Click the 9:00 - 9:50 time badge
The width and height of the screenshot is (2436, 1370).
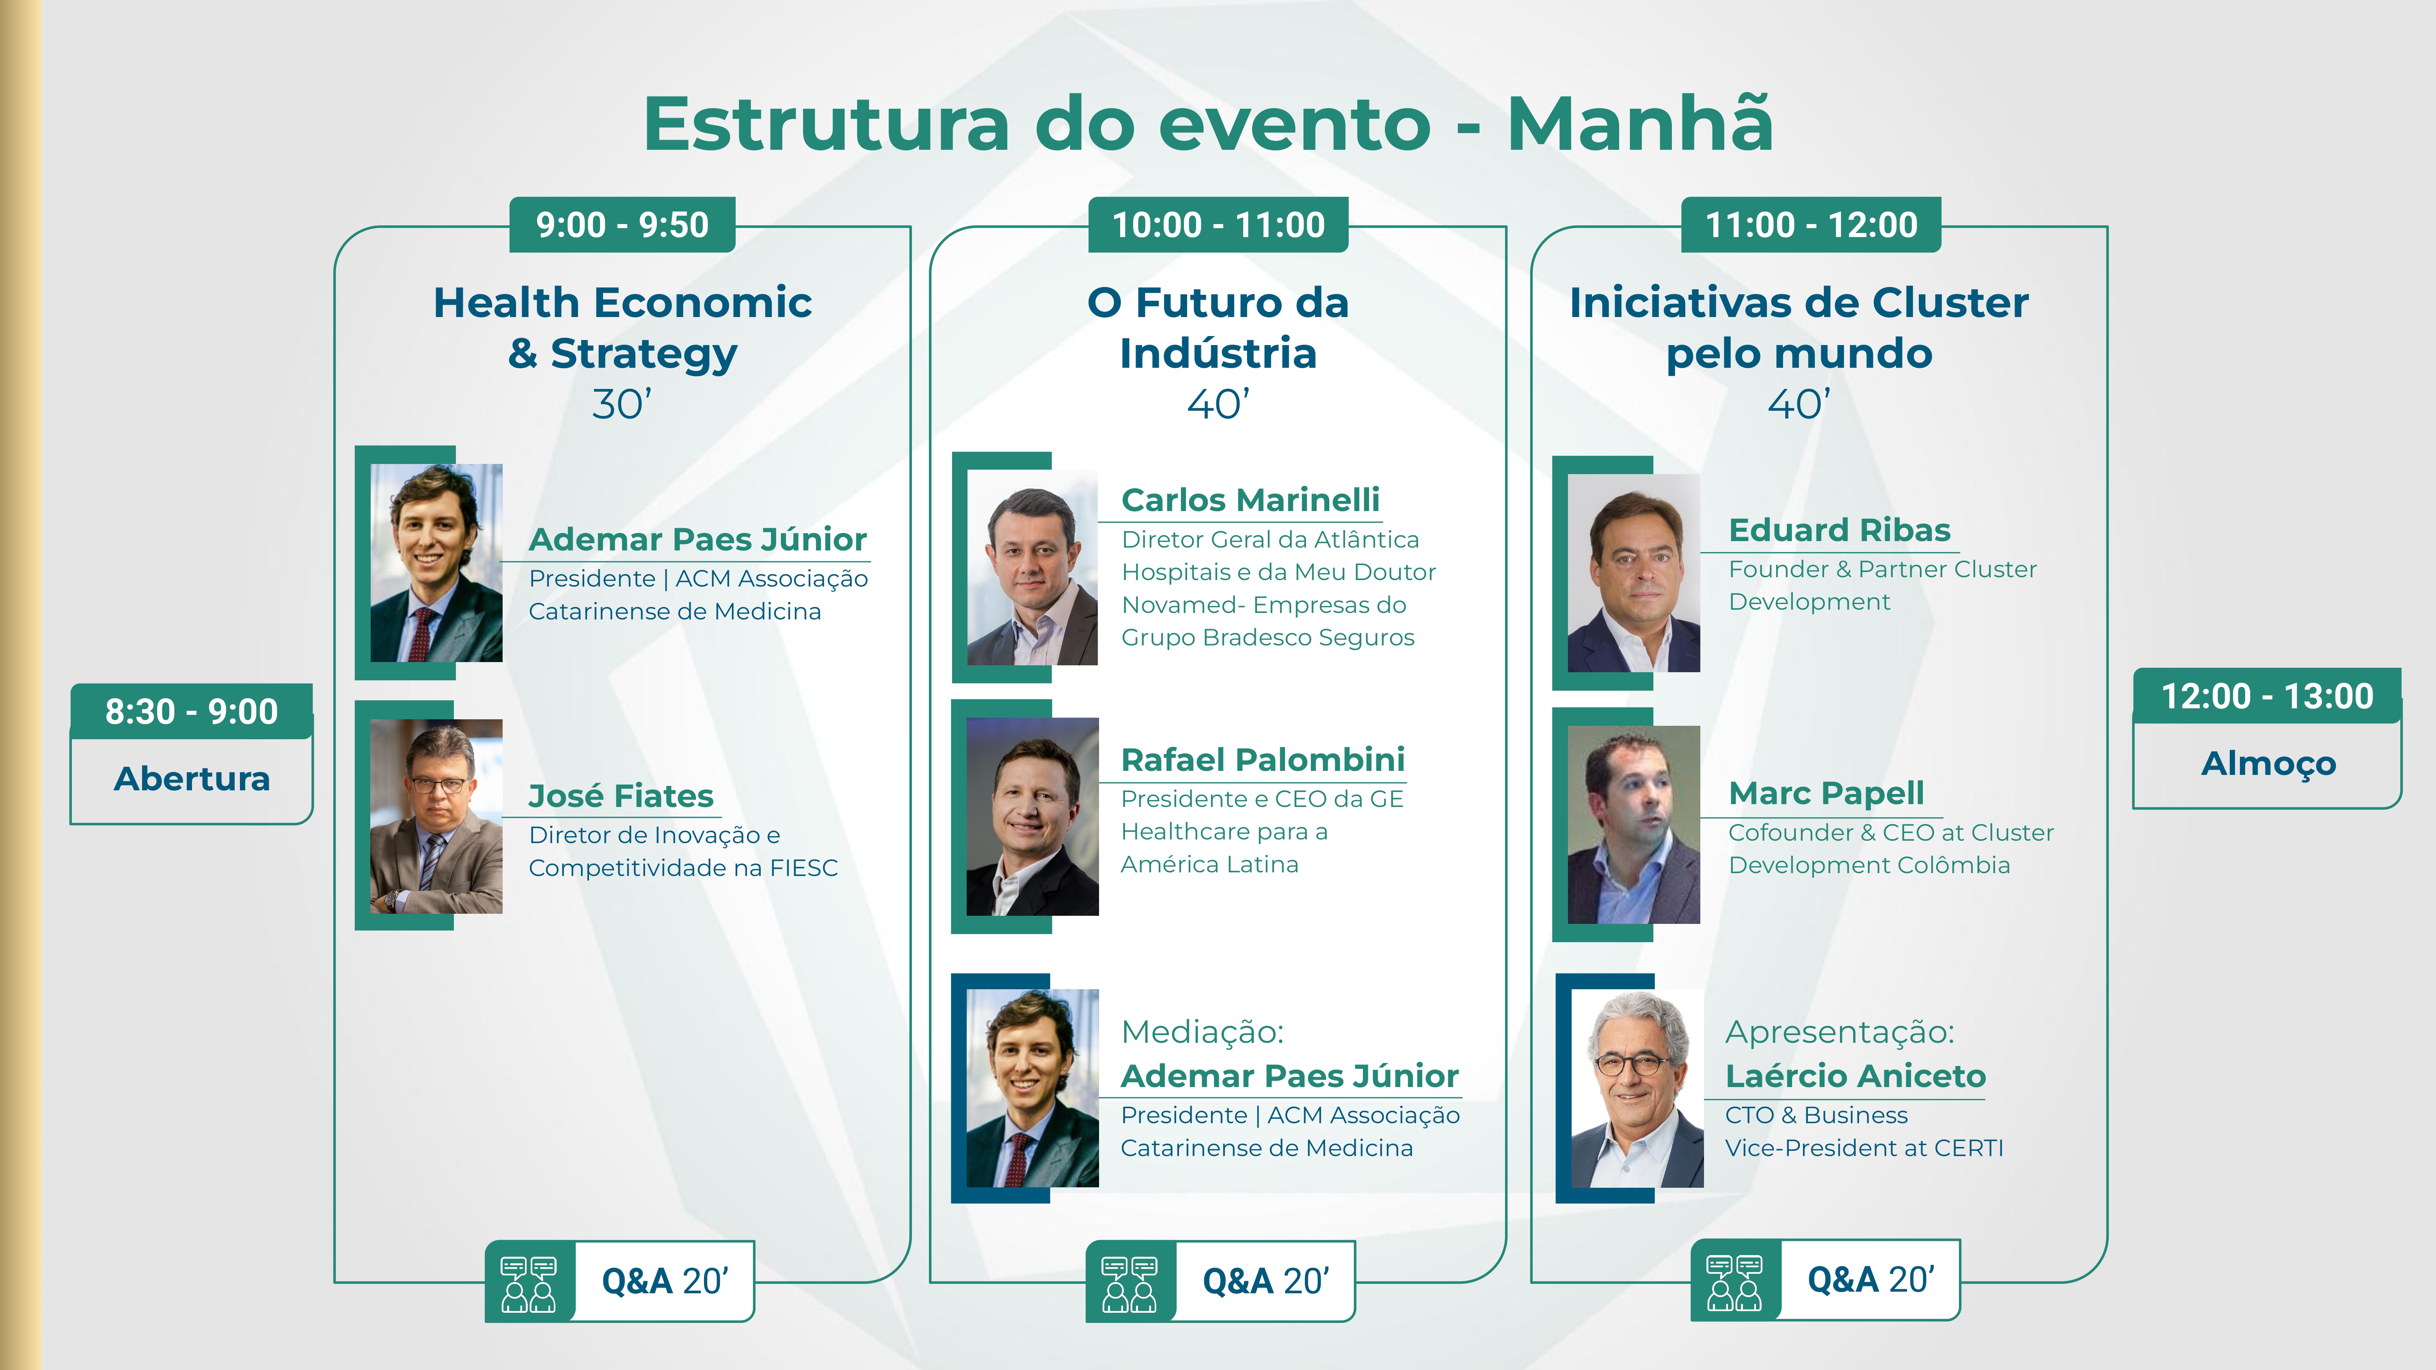coord(622,225)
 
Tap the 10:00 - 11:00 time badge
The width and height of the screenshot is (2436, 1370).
coord(1218,225)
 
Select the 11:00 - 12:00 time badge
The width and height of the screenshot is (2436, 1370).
coord(1811,225)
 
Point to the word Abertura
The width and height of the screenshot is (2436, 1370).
coord(192,778)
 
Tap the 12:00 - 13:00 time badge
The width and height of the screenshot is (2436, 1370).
coord(2267,696)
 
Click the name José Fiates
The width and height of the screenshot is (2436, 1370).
coord(621,796)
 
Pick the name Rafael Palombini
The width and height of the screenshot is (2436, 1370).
coord(1262,759)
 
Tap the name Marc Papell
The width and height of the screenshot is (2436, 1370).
coord(1826,793)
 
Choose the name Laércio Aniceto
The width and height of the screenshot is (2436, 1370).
coord(1855,1076)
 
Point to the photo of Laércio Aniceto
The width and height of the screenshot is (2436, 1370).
coord(1637,1088)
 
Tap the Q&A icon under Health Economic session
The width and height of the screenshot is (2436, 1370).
coord(529,1282)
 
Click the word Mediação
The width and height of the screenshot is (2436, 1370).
coord(1202,1031)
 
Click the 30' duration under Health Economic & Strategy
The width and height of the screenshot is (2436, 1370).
coord(621,405)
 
